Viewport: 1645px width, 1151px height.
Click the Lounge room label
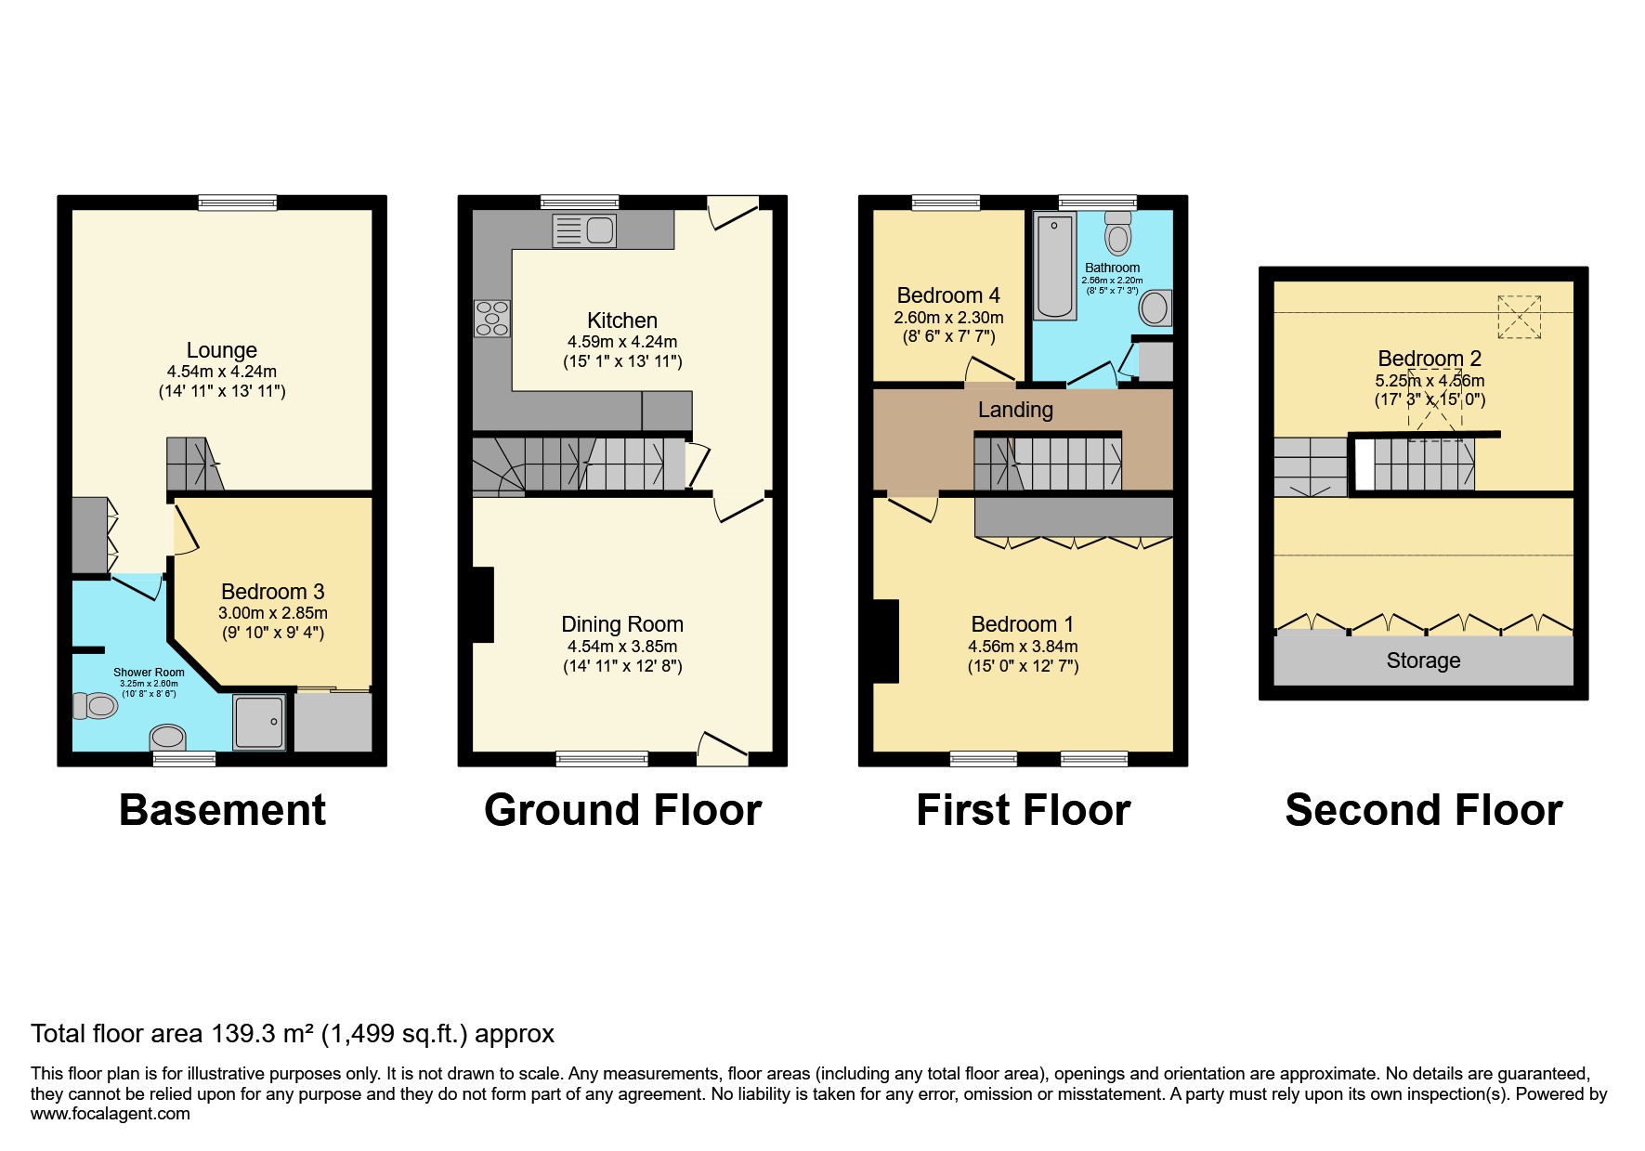tap(221, 350)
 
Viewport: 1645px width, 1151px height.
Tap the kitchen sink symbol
tap(584, 230)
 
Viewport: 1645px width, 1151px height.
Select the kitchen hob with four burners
tap(492, 318)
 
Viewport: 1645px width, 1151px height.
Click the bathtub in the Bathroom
tap(1055, 265)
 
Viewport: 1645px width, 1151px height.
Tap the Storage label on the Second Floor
tap(1423, 661)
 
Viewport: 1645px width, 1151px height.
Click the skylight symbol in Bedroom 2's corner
tap(1520, 317)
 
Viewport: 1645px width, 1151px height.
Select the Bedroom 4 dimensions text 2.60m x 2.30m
tap(948, 318)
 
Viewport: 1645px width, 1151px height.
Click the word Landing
tap(1015, 410)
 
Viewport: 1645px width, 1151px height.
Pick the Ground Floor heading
tap(622, 810)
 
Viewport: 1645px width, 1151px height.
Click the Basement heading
tap(222, 810)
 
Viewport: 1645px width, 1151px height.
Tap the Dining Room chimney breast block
tap(482, 604)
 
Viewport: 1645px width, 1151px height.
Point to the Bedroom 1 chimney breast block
tap(885, 641)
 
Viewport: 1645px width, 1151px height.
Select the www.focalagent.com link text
tap(110, 1114)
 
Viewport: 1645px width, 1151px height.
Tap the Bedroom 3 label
tap(272, 592)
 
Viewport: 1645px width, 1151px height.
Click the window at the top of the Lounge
tap(238, 203)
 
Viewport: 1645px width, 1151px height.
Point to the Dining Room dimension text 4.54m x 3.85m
tap(622, 647)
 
